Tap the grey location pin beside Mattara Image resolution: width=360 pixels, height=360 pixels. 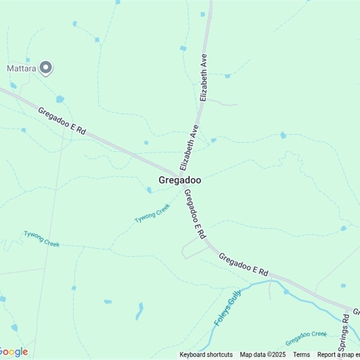(x=45, y=68)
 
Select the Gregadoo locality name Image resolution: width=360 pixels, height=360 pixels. (x=180, y=180)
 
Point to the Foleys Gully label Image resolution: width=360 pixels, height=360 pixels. (x=228, y=308)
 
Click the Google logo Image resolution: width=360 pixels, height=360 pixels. (x=13, y=352)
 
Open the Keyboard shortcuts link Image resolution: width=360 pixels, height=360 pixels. (x=206, y=355)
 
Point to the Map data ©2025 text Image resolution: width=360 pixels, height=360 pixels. (x=263, y=355)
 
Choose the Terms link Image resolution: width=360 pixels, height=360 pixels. (x=301, y=355)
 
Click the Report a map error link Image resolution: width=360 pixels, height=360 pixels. (x=338, y=355)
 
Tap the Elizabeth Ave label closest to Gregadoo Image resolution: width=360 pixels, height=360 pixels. (x=189, y=148)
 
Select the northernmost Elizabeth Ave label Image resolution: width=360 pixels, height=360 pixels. (x=204, y=77)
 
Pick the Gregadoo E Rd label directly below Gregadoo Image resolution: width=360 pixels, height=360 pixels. (x=195, y=214)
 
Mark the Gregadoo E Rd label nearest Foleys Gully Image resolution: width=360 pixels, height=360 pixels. (x=243, y=265)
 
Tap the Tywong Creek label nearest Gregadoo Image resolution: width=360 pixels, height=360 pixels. (x=153, y=213)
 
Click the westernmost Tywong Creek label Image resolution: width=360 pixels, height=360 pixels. (x=41, y=238)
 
